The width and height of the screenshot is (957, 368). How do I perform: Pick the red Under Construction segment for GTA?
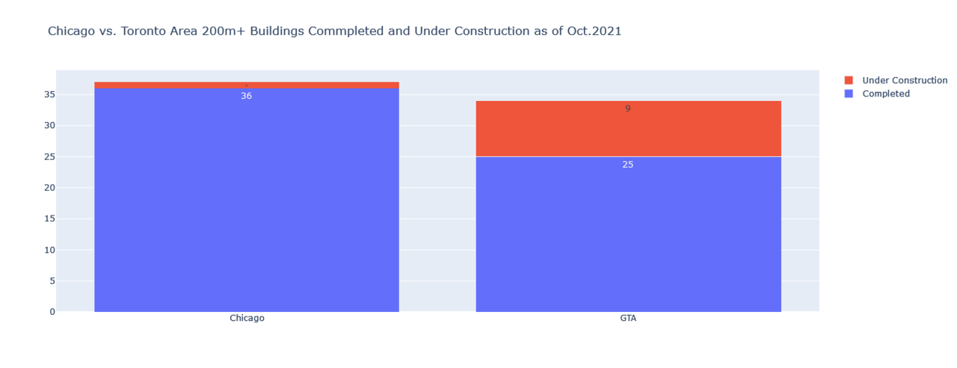[x=628, y=131]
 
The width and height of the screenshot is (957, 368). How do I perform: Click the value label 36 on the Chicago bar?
[x=247, y=96]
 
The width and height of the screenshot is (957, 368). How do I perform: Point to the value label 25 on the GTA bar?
[x=628, y=165]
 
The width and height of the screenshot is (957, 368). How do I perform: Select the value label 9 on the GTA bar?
[x=628, y=108]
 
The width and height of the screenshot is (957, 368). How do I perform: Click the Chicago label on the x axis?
[x=247, y=318]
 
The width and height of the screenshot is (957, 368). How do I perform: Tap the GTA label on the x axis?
[x=628, y=318]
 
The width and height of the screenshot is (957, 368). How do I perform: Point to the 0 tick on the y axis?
[x=52, y=312]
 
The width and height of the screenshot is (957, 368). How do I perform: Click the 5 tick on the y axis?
[x=52, y=281]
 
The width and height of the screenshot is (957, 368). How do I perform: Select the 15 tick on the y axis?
[x=50, y=219]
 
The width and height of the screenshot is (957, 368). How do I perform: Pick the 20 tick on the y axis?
[x=50, y=188]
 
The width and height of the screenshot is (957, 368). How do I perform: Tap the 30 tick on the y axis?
[x=50, y=126]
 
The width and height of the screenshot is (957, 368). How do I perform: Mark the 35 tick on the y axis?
[x=50, y=94]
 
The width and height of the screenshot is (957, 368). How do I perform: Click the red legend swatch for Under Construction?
[x=849, y=80]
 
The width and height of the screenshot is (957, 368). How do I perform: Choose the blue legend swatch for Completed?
[x=849, y=93]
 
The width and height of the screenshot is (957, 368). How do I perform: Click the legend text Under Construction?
[x=905, y=80]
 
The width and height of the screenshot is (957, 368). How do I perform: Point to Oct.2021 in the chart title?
[x=592, y=31]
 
